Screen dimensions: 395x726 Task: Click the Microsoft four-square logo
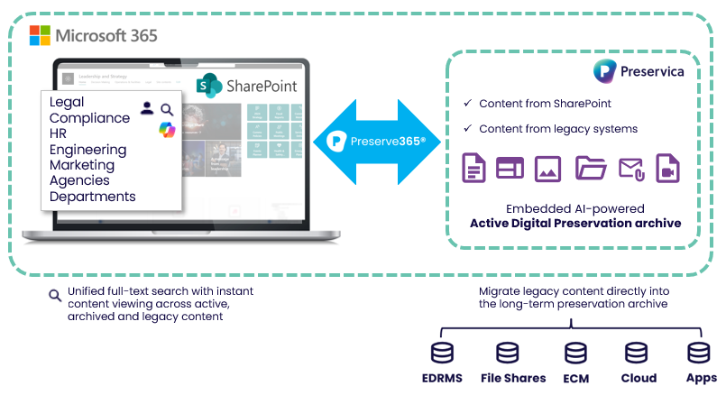pyautogui.click(x=40, y=36)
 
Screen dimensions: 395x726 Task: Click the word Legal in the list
pyautogui.click(x=67, y=103)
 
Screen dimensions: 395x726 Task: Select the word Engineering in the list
pyautogui.click(x=87, y=150)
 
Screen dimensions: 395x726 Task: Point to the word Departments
pyautogui.click(x=92, y=197)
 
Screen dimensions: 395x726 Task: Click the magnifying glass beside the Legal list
pyautogui.click(x=167, y=109)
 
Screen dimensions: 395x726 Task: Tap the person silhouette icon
pyautogui.click(x=147, y=109)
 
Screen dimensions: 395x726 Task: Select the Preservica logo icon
pyautogui.click(x=604, y=71)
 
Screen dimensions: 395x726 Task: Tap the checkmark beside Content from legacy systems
pyautogui.click(x=466, y=129)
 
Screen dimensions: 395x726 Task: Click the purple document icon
pyautogui.click(x=474, y=168)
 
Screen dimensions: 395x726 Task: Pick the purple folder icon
pyautogui.click(x=591, y=168)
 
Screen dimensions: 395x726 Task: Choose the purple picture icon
pyautogui.click(x=548, y=168)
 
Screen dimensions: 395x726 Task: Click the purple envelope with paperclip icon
pyautogui.click(x=630, y=168)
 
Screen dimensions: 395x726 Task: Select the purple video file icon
pyautogui.click(x=667, y=168)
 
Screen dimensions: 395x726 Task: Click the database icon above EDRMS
pyautogui.click(x=442, y=353)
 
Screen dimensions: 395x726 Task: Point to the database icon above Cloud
pyautogui.click(x=637, y=353)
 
